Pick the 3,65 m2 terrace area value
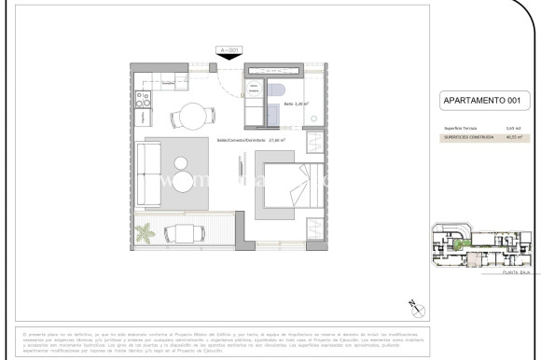click(511, 128)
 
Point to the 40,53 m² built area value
click(511, 138)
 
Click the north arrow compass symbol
click(416, 308)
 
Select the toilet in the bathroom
click(278, 90)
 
